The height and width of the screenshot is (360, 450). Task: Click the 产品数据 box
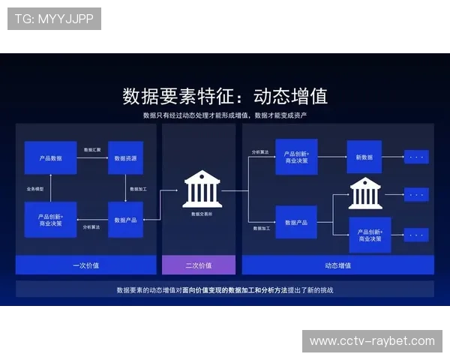[x=50, y=157]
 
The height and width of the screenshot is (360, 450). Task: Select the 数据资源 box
[x=125, y=157]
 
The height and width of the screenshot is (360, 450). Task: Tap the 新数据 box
[x=364, y=157]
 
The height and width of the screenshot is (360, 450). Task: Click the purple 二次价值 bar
[x=199, y=265]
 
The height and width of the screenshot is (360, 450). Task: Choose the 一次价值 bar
[x=85, y=265]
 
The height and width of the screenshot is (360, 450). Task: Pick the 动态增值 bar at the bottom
[x=337, y=265]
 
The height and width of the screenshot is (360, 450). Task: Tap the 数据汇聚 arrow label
[x=92, y=150]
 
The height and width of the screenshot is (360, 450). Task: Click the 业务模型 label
[x=35, y=188]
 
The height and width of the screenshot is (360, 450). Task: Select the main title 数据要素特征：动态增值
[x=225, y=97]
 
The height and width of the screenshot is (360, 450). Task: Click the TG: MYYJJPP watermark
[x=54, y=19]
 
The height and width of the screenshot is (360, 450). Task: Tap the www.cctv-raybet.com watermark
[x=372, y=341]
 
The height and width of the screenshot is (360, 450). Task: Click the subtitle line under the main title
[x=225, y=115]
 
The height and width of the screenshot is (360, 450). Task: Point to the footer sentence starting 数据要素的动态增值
[x=225, y=289]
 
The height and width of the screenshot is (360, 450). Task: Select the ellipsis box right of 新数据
[x=416, y=157]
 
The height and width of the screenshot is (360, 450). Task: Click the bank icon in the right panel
[x=365, y=193]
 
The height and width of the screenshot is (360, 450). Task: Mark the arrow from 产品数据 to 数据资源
[x=92, y=157]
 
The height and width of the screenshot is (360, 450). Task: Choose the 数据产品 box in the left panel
[x=125, y=219]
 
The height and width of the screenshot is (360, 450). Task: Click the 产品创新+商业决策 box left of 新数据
[x=296, y=157]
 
